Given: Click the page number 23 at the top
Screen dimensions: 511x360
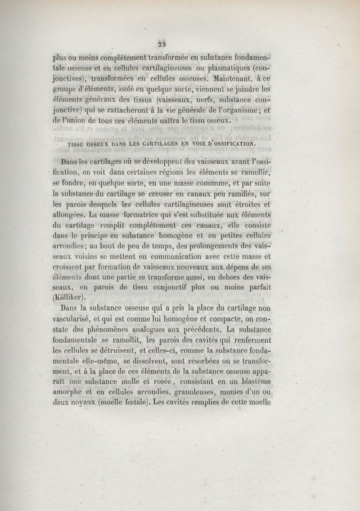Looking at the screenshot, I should pos(162,44).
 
